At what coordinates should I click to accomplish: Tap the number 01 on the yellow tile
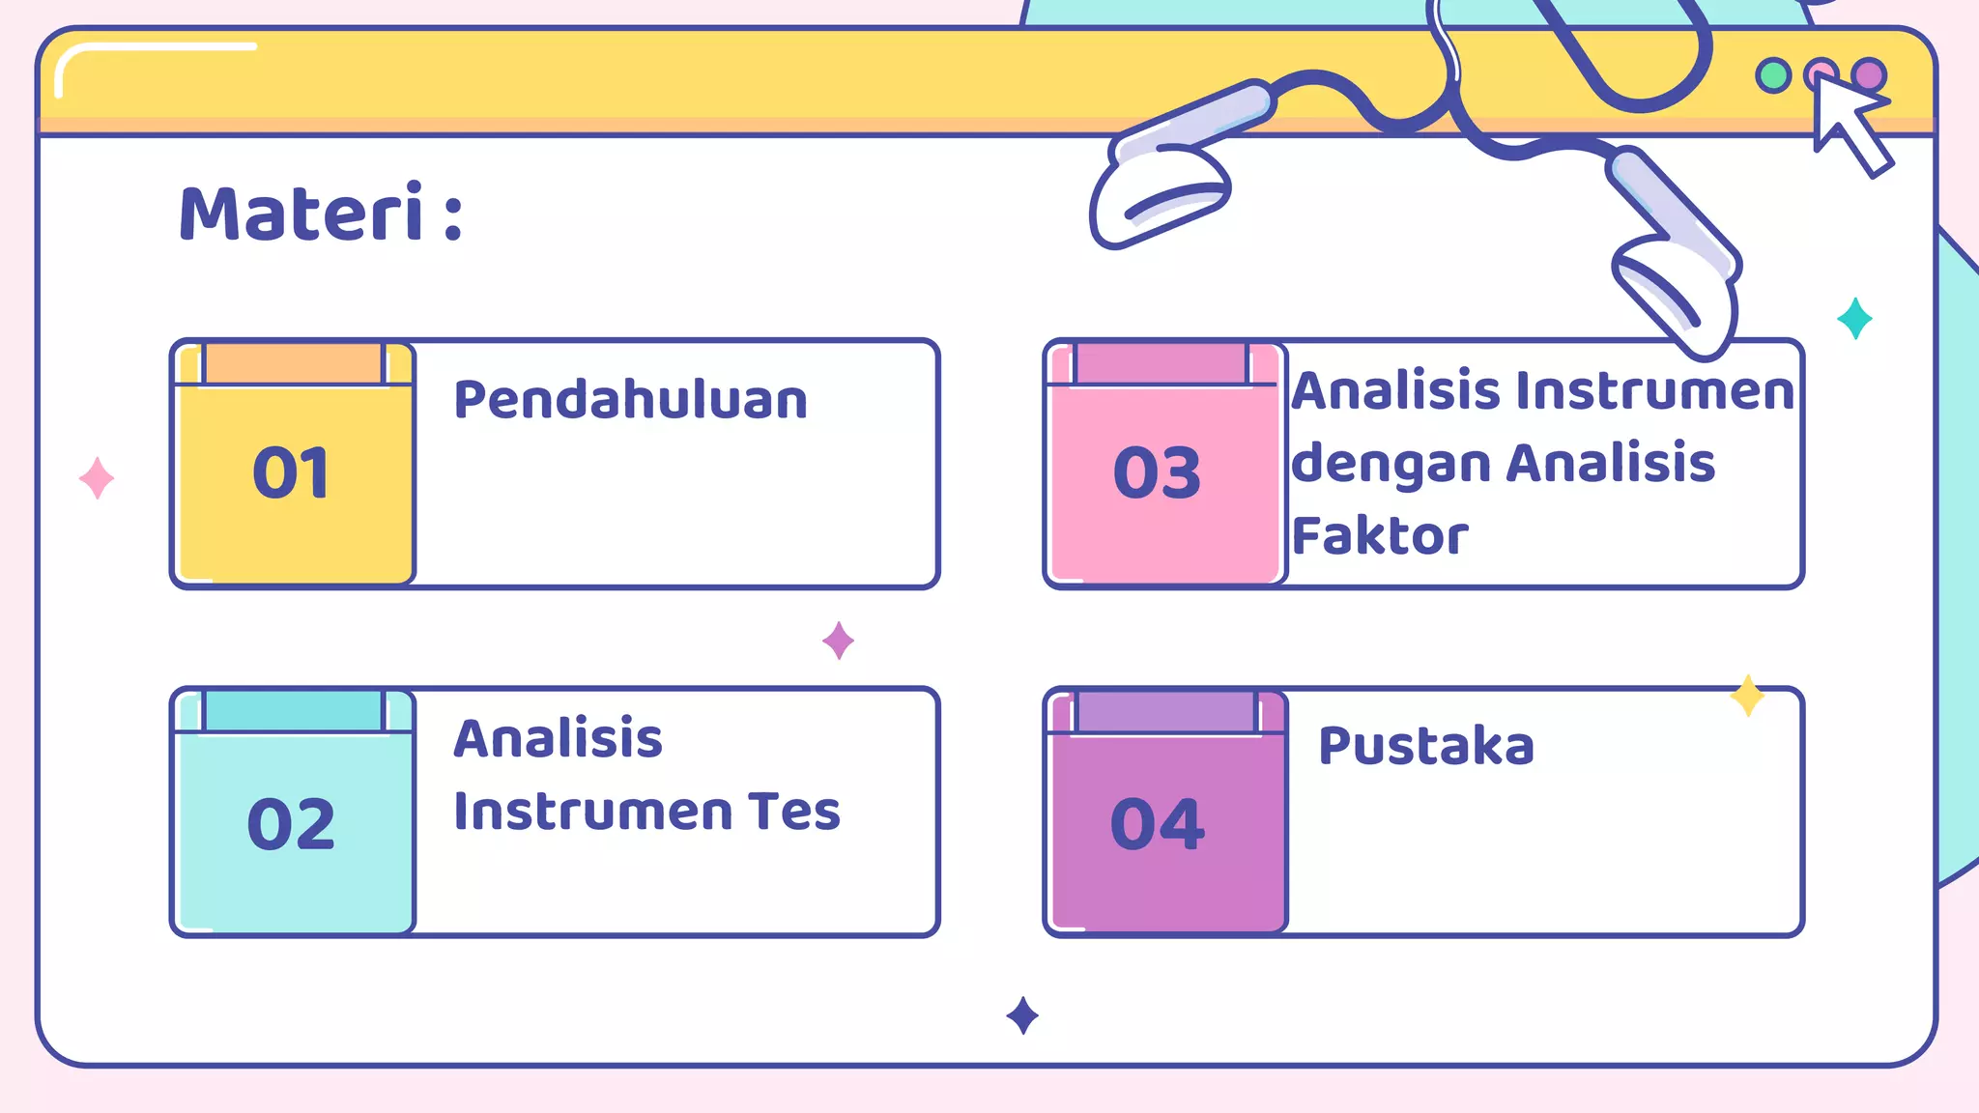coord(291,473)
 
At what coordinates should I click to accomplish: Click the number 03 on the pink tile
coord(1157,473)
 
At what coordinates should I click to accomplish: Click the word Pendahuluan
coord(630,400)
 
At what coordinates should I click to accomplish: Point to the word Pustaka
coord(1426,746)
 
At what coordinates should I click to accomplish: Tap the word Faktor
coord(1380,536)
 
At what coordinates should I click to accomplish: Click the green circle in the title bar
coord(1773,75)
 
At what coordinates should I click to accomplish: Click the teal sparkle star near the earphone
coord(1854,318)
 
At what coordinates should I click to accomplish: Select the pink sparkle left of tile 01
coord(97,478)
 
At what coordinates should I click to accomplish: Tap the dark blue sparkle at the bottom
coord(1022,1015)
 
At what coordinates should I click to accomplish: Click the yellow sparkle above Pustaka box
coord(1747,696)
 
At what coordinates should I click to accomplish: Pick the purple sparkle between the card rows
coord(838,640)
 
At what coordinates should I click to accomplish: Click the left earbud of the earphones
coord(1160,193)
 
